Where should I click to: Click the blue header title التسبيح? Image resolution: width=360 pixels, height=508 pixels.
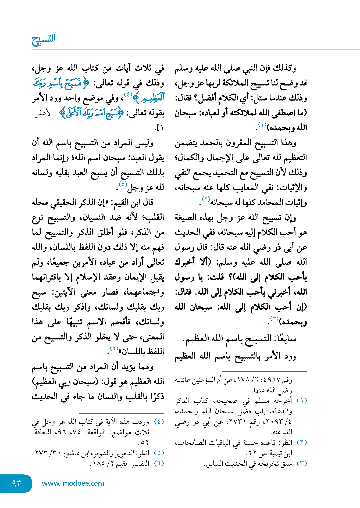[x=44, y=40]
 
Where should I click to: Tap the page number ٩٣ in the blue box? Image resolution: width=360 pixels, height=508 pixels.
[x=17, y=483]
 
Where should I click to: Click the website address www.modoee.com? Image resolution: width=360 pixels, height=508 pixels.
[x=73, y=483]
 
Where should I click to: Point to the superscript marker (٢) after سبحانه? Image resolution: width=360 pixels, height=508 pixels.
[x=206, y=199]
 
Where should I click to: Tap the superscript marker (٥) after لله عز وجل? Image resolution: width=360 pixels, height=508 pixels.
[x=123, y=184]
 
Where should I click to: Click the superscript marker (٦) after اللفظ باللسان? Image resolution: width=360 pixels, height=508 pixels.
[x=114, y=349]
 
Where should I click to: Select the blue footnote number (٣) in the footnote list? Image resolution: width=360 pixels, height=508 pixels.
[x=302, y=463]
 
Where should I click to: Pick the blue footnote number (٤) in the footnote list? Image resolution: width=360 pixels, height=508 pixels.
[x=159, y=421]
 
